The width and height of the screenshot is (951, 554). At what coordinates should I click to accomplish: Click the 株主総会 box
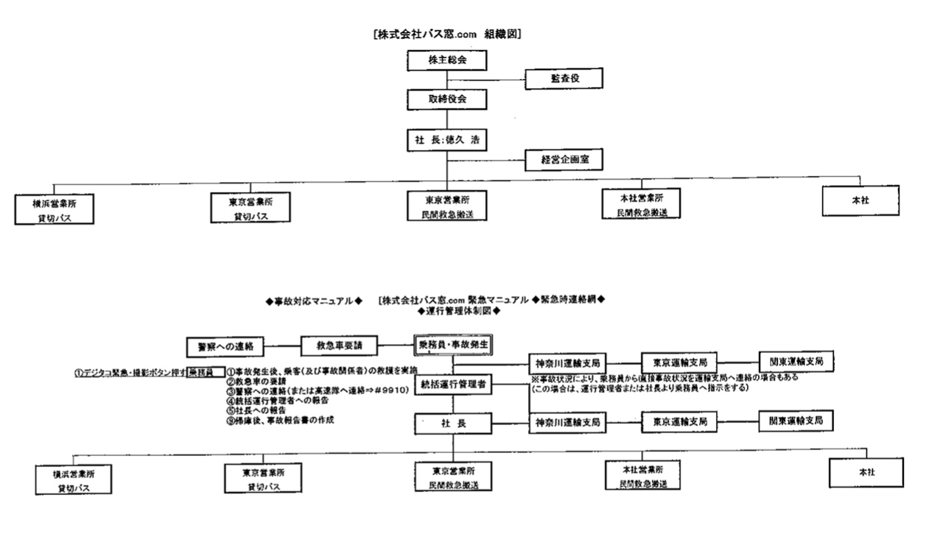448,58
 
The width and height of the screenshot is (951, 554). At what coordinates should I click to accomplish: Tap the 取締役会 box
448,97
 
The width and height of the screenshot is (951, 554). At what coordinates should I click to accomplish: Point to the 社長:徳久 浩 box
448,138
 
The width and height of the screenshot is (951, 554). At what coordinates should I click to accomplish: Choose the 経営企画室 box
564,158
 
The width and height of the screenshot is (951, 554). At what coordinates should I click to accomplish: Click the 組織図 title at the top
448,34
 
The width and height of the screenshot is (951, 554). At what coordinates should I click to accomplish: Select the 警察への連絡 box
225,346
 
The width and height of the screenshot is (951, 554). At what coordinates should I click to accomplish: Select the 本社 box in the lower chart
866,472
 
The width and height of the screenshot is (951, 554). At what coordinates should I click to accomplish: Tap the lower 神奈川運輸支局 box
566,422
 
